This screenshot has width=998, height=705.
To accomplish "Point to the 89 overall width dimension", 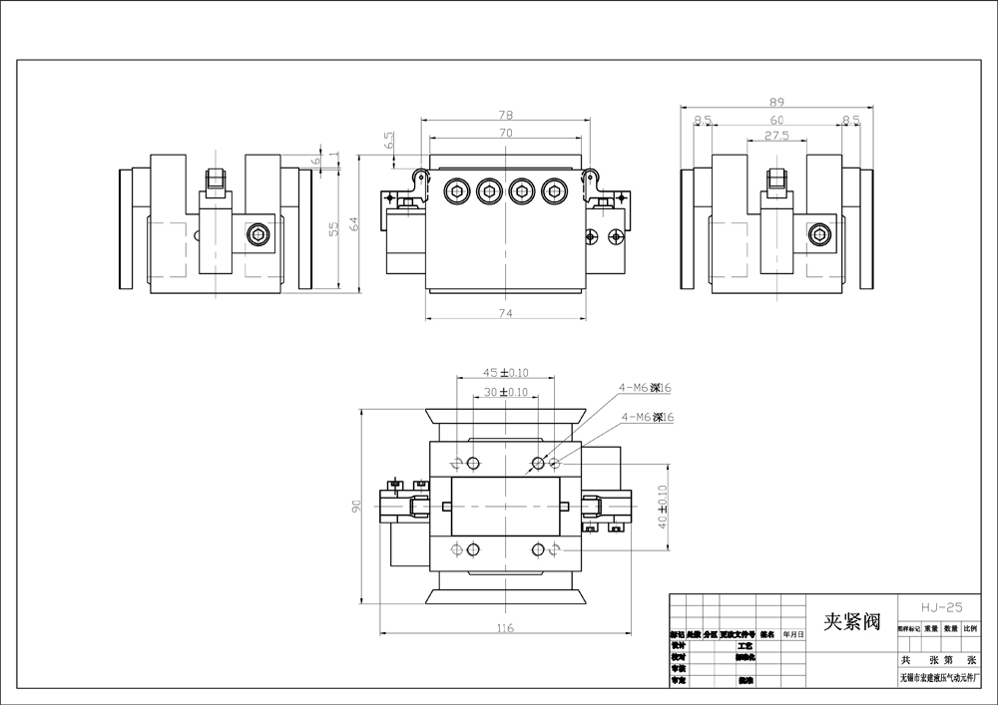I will coord(776,102).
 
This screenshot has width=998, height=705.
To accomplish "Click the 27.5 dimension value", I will coord(776,136).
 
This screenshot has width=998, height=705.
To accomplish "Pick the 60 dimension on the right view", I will coord(776,120).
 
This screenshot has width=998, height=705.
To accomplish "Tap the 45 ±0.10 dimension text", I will coord(505,373).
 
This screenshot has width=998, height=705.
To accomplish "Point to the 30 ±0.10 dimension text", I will coord(505,392).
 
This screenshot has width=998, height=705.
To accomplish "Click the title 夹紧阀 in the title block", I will coord(851,623).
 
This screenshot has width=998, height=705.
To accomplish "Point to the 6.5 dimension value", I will coord(389,141).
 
